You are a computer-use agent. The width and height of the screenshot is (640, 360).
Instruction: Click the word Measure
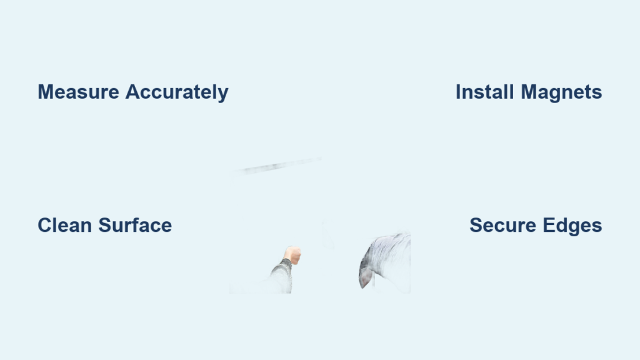[78, 92]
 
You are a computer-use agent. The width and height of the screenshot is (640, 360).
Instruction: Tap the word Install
[484, 92]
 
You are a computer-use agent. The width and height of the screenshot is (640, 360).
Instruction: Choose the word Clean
[65, 225]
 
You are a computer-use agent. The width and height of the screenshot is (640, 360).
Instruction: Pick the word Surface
[135, 225]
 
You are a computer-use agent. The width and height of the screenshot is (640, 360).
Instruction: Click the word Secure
[503, 225]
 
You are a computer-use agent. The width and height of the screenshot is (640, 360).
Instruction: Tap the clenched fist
[292, 255]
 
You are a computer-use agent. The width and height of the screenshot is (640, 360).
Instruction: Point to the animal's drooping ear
[366, 277]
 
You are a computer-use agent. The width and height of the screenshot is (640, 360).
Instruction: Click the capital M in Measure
[46, 92]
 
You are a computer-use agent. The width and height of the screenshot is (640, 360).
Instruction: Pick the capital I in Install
[458, 92]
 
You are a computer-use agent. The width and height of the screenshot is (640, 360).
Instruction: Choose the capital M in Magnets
[529, 92]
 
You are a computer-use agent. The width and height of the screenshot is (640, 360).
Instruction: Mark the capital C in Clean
[46, 225]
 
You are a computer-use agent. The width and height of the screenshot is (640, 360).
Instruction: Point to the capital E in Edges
[549, 225]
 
